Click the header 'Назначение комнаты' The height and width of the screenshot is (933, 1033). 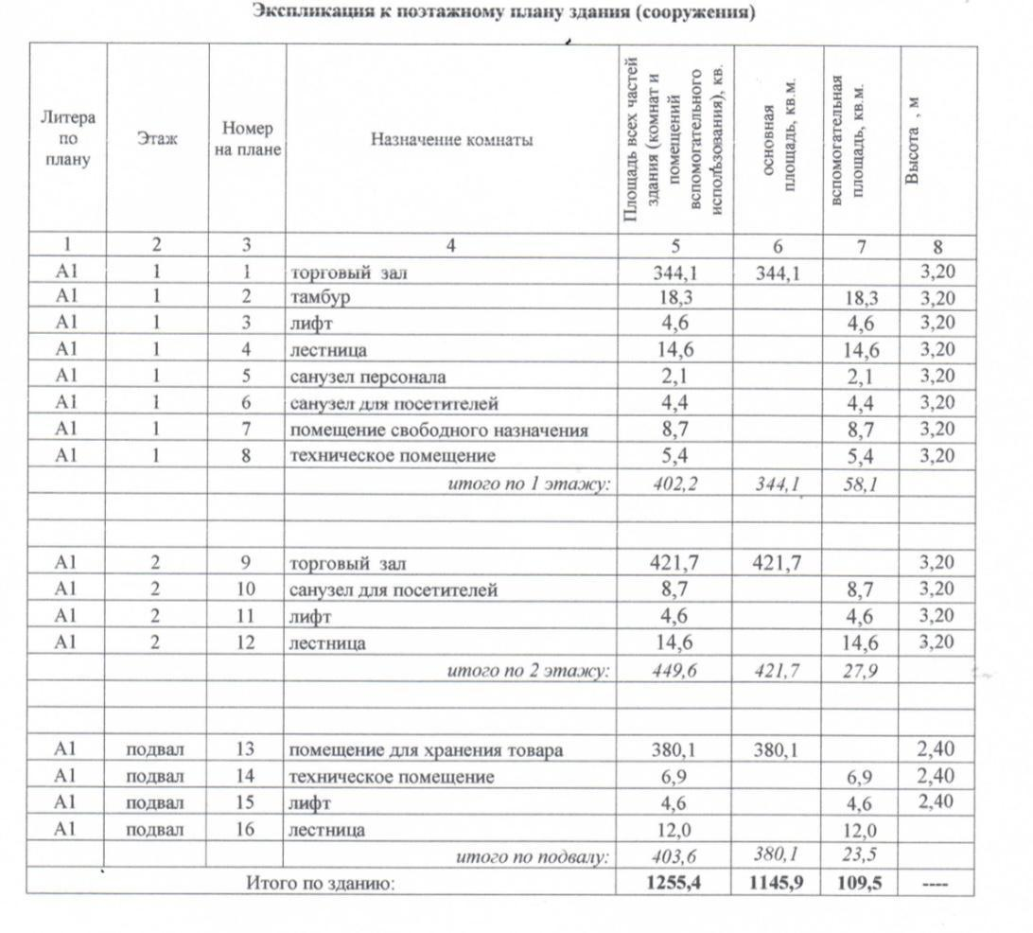(x=451, y=140)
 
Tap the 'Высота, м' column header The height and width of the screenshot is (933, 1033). (x=913, y=140)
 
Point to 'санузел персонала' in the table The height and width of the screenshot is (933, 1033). (x=367, y=377)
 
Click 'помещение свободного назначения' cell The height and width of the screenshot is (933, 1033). (x=438, y=431)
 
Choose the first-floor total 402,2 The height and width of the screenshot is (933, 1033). (x=675, y=484)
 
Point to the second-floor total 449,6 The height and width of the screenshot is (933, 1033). (x=675, y=670)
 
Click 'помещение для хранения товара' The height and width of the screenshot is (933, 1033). (x=426, y=750)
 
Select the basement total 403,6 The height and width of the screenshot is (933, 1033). (x=675, y=856)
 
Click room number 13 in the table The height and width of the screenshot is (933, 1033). (x=246, y=749)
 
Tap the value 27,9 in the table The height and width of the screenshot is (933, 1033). (x=860, y=670)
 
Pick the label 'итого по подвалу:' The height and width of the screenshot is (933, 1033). (x=534, y=857)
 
